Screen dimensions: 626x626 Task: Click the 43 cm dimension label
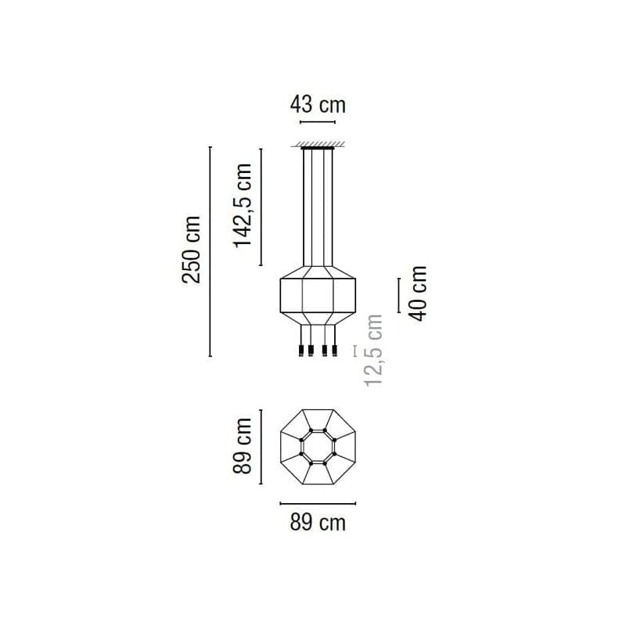click(x=318, y=105)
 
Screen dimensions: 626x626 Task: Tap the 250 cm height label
click(x=191, y=250)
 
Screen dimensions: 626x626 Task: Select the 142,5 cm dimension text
click(x=243, y=206)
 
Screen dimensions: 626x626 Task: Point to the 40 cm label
click(x=418, y=293)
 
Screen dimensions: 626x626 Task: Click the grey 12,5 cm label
click(x=374, y=350)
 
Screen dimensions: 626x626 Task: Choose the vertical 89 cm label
click(x=243, y=446)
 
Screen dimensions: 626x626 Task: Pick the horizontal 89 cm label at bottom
click(x=318, y=523)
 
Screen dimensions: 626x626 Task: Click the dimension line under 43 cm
click(x=318, y=122)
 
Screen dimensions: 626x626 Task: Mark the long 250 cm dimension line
click(x=210, y=251)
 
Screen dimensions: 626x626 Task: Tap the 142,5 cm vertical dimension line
click(x=261, y=207)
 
